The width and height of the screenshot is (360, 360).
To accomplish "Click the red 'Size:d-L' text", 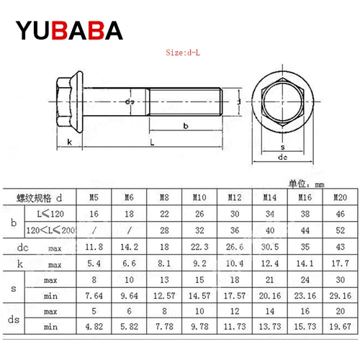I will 186,53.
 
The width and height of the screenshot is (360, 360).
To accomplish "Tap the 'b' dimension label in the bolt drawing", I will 186,126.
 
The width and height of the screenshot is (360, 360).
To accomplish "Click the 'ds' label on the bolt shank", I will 129,102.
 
